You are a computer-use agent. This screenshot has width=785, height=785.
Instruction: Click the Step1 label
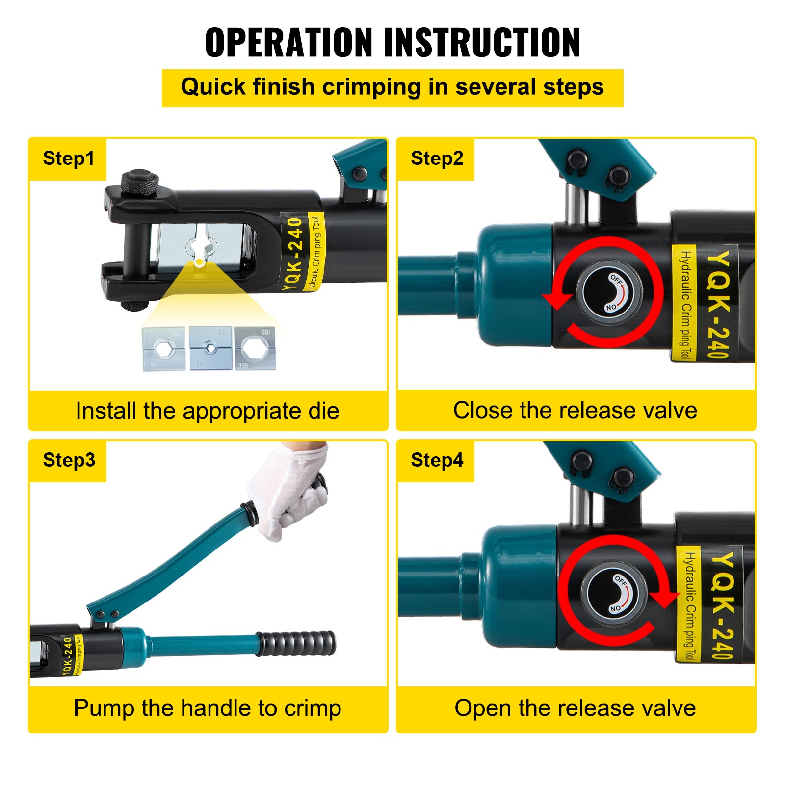pyautogui.click(x=68, y=158)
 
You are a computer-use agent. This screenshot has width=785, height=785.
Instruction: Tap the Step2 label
pyautogui.click(x=437, y=158)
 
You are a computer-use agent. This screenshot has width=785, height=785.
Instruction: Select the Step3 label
pyautogui.click(x=69, y=460)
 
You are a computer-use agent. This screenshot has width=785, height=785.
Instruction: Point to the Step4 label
pyautogui.click(x=437, y=460)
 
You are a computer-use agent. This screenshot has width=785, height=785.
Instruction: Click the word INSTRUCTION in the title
pyautogui.click(x=482, y=43)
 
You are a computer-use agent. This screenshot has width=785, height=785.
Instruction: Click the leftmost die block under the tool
pyautogui.click(x=163, y=349)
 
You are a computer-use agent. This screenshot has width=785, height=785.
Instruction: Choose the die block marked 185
pyautogui.click(x=255, y=348)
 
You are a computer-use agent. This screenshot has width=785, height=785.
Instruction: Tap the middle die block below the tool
pyautogui.click(x=210, y=348)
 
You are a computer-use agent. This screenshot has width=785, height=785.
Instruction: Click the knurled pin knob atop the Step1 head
pyautogui.click(x=140, y=182)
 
